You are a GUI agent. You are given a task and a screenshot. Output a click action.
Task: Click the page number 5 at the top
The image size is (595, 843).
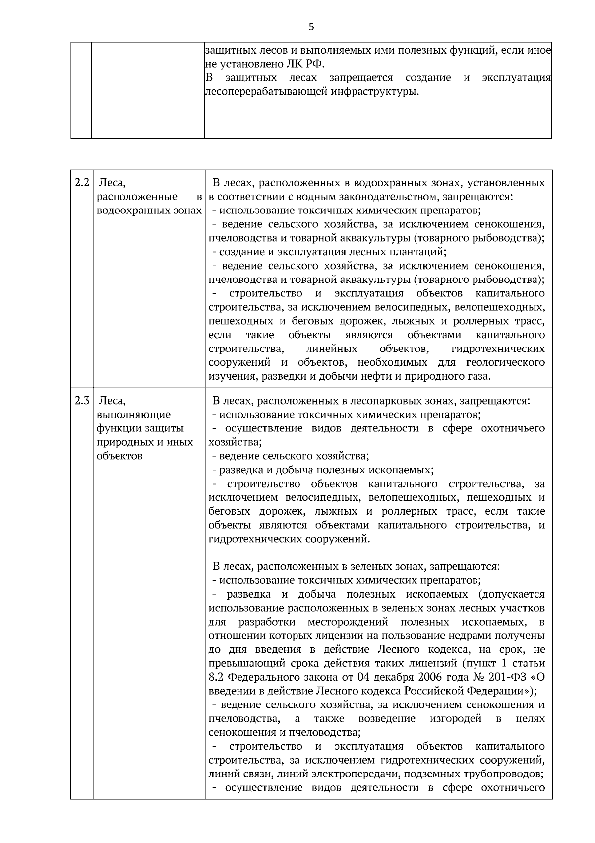click(311, 27)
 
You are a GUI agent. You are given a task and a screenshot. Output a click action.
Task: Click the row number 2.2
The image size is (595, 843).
click(82, 183)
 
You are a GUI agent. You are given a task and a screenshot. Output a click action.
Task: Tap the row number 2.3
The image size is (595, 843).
click(82, 400)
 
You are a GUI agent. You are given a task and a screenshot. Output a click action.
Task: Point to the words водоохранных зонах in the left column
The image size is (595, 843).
click(149, 211)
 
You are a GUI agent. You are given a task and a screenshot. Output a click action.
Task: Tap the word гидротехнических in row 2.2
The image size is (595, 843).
click(498, 349)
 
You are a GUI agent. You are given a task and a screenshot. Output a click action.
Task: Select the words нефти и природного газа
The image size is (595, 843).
click(428, 376)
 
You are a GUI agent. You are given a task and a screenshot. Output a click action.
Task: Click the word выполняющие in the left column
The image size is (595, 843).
click(134, 414)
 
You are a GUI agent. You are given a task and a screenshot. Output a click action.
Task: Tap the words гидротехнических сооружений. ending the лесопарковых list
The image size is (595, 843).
click(290, 539)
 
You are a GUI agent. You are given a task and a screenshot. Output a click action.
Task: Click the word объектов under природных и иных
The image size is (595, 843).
click(119, 456)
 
